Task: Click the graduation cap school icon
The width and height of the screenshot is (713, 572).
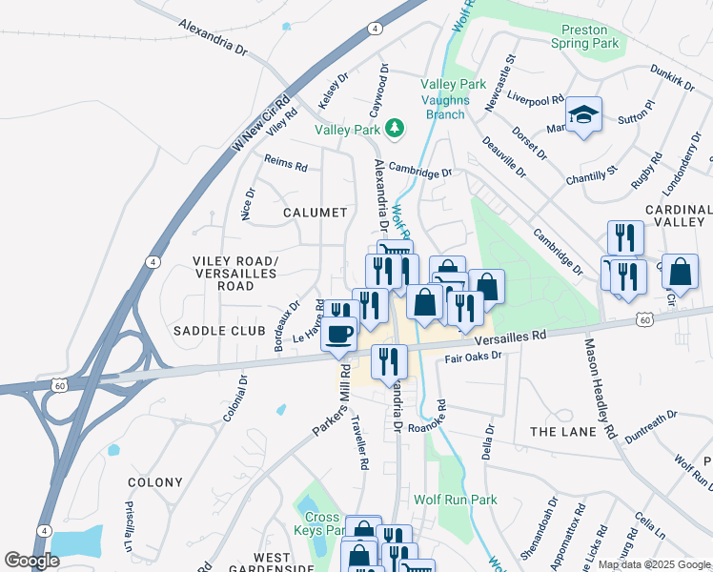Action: point(583,115)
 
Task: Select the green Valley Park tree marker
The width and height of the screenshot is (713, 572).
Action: point(392,128)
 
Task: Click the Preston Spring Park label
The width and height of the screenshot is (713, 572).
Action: point(584,36)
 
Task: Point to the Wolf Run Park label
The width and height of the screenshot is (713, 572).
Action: point(456,500)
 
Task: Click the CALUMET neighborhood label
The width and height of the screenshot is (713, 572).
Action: point(315,213)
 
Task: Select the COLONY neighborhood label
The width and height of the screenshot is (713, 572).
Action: point(153,482)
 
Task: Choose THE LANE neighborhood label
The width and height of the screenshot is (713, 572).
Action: point(562,432)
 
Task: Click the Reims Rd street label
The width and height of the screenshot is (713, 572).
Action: point(286,164)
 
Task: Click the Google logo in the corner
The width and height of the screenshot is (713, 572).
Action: point(32,561)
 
